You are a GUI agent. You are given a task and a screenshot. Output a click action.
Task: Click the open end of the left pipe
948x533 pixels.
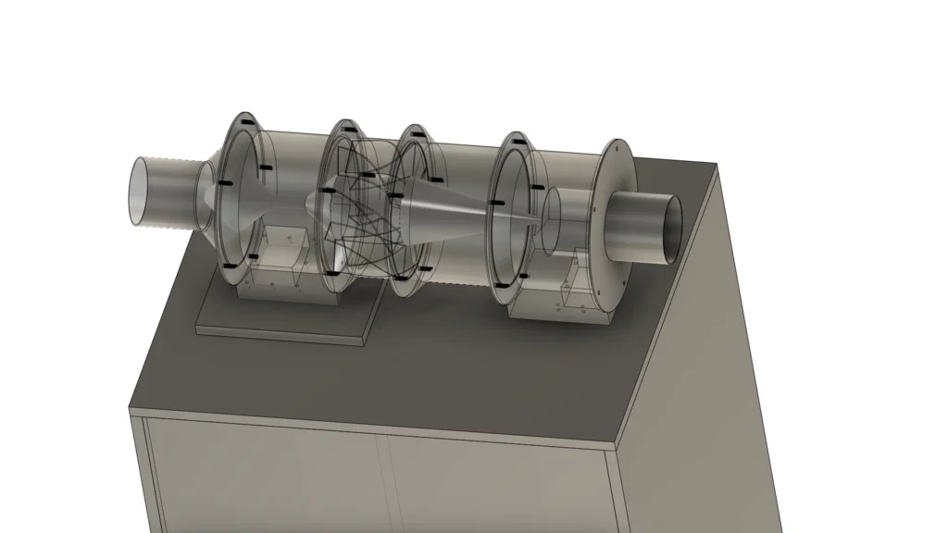pos(143,192)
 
